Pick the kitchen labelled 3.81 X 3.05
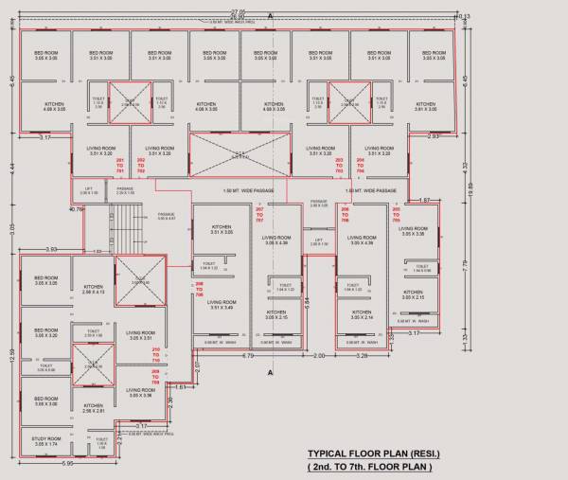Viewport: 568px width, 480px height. [x=426, y=107]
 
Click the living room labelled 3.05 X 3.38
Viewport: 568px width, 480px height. [x=413, y=231]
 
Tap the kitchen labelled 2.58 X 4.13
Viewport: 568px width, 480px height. [x=93, y=290]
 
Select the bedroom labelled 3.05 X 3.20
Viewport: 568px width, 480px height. [x=46, y=333]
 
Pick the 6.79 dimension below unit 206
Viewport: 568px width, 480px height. [x=248, y=357]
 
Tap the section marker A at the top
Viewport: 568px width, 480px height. [x=271, y=16]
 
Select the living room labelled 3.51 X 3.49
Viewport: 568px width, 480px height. [x=222, y=305]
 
